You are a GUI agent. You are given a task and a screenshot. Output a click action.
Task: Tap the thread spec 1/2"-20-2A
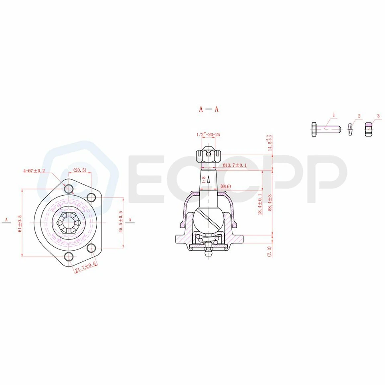[209, 135]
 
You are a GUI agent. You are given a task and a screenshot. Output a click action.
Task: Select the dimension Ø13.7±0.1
[235, 165]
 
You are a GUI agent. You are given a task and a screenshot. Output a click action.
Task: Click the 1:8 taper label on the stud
[204, 180]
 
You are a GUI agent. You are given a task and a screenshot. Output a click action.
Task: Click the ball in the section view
[209, 219]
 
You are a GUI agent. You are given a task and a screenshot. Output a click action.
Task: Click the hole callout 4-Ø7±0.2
[34, 170]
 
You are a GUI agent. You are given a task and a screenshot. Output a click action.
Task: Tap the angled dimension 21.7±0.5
[85, 267]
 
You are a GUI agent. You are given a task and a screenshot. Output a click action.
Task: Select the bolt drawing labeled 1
[325, 129]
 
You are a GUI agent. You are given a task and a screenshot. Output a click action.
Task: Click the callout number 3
[378, 116]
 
